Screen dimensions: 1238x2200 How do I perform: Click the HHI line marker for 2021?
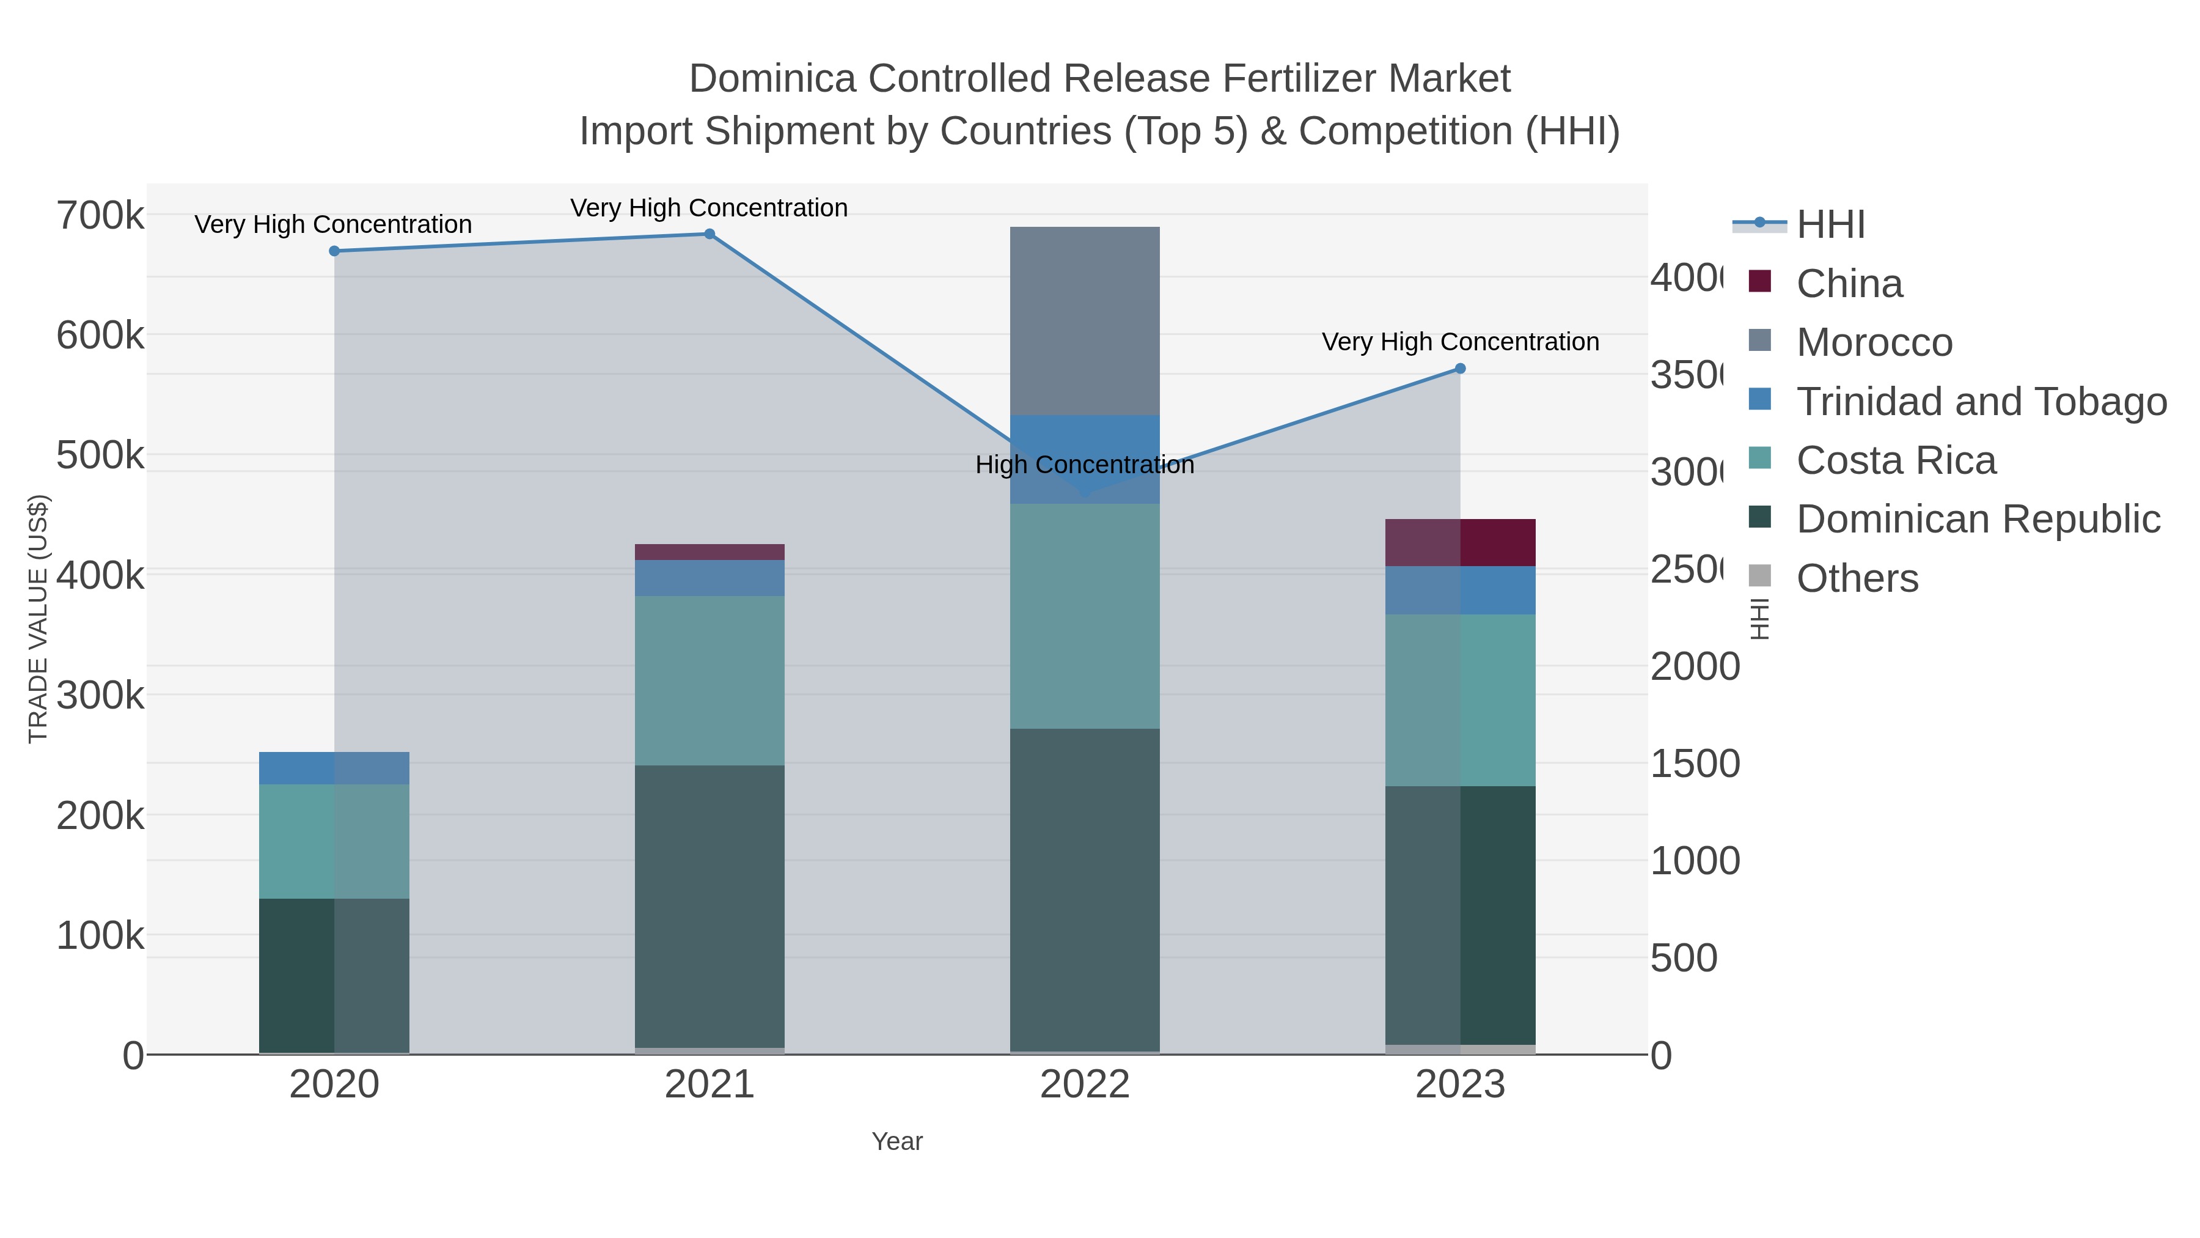click(709, 234)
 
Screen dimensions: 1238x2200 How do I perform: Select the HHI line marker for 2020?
click(334, 251)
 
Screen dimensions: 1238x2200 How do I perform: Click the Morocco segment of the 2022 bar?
click(1085, 321)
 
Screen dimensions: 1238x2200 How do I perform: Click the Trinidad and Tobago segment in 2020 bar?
click(334, 768)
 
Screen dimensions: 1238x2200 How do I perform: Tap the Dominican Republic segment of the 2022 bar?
click(1085, 890)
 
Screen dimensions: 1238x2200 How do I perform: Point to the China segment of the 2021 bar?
click(709, 552)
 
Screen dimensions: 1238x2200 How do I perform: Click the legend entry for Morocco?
click(1874, 342)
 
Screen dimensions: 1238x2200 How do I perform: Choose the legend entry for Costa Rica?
click(1895, 460)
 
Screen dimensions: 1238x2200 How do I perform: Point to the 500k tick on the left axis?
click(100, 455)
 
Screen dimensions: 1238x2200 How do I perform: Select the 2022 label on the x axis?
click(1085, 1085)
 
